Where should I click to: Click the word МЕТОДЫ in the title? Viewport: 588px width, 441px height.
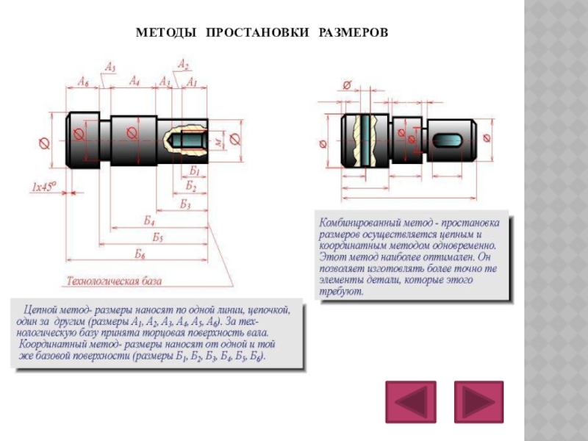pos(166,34)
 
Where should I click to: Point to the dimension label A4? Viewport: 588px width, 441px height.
pos(135,80)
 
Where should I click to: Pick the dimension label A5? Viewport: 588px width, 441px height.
pos(110,68)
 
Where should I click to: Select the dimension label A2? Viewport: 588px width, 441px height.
pos(183,65)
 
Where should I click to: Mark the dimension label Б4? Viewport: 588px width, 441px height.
pos(149,220)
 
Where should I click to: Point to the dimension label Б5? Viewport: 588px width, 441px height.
pos(158,237)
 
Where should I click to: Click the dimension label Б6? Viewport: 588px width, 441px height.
pos(140,254)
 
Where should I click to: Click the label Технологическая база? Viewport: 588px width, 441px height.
pos(114,281)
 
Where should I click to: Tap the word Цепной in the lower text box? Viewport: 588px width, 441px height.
pos(42,310)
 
